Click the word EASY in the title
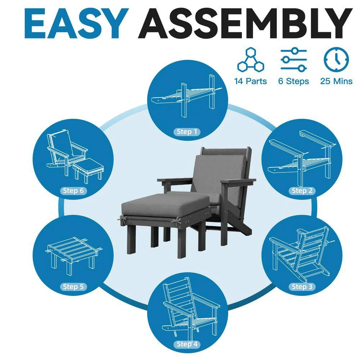(x=76, y=23)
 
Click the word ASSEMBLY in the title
(x=245, y=23)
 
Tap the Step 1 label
(x=187, y=132)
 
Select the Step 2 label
(x=302, y=190)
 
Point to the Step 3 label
(x=302, y=287)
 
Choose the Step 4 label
(x=187, y=344)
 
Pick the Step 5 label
(x=73, y=287)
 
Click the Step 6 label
(x=73, y=190)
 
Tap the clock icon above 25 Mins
(x=336, y=59)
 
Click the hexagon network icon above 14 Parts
(x=251, y=59)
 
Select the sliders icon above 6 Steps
(x=294, y=59)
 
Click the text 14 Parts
(x=251, y=81)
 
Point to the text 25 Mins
(x=336, y=81)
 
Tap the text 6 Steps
(x=294, y=81)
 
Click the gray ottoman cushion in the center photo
(x=165, y=205)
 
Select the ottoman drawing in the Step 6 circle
(x=88, y=170)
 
